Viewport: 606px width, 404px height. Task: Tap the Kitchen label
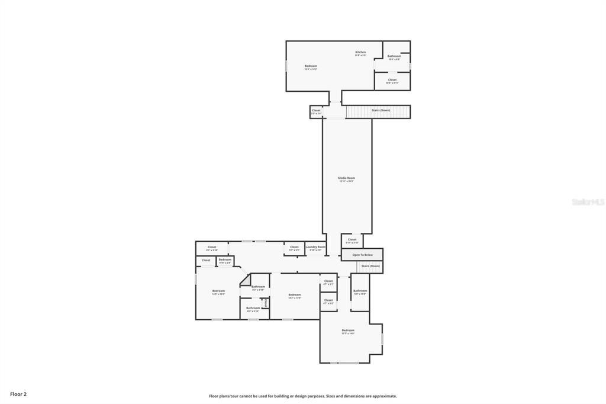tap(360, 52)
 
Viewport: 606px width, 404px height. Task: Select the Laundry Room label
tap(315, 247)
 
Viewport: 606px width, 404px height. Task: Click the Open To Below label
tap(362, 255)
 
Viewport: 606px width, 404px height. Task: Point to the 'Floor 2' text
tap(18, 394)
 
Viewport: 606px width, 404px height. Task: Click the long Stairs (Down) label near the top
tap(381, 110)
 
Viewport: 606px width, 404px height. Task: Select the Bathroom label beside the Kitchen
tap(394, 56)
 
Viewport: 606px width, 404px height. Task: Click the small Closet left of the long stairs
tap(316, 111)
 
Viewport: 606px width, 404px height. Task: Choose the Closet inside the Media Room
tap(352, 240)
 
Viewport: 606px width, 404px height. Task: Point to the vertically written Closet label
tap(266, 303)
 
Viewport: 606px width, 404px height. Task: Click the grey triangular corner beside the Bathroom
tap(244, 282)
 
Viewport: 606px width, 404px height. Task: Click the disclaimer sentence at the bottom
tap(302, 396)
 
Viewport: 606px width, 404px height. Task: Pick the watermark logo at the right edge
tap(588, 202)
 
